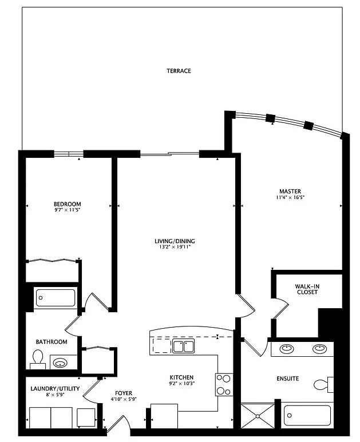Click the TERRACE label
point(179,71)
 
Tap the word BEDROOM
point(67,204)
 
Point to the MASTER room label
point(290,191)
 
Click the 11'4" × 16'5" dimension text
point(290,198)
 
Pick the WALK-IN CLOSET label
point(307,289)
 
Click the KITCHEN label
point(181,377)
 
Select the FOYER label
point(124,393)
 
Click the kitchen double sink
point(183,346)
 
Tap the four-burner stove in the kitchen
point(224,384)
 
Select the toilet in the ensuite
point(324,385)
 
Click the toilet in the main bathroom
point(38,359)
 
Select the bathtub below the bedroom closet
point(56,298)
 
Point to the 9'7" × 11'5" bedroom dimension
point(67,211)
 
